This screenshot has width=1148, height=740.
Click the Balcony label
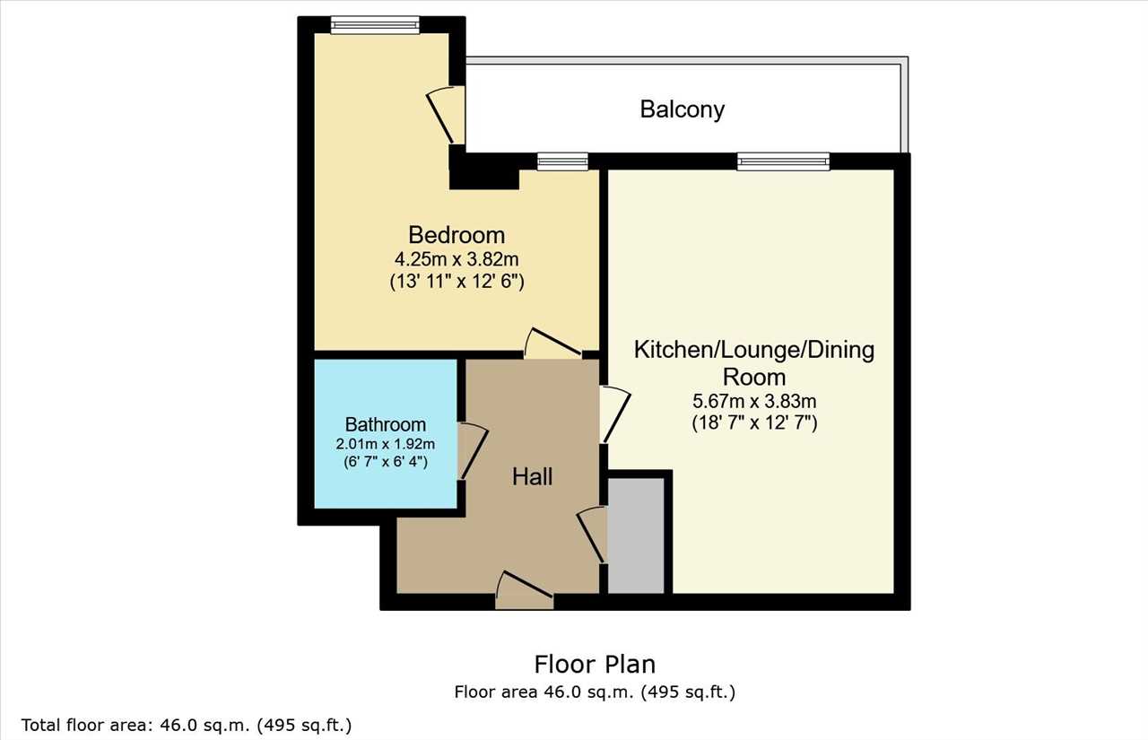[683, 109]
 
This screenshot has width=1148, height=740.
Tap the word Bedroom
[457, 235]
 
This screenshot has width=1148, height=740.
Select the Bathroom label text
[386, 424]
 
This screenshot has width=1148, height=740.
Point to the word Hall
[532, 477]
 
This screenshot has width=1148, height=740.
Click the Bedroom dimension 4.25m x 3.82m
[457, 259]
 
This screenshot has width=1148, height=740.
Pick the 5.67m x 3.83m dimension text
[754, 401]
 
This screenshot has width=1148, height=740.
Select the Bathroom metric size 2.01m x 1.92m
[386, 444]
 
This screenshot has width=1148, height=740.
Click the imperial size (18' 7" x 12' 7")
[754, 423]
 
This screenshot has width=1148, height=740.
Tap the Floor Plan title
[595, 664]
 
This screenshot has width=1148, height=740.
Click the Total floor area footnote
[187, 725]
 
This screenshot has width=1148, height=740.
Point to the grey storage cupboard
[636, 535]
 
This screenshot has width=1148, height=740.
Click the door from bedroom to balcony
[446, 114]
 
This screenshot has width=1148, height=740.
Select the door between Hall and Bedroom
[552, 344]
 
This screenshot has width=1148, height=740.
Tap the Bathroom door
[473, 451]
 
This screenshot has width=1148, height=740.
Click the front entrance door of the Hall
[525, 590]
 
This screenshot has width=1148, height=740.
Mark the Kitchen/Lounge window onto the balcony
[783, 161]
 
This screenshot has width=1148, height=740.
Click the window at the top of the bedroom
[375, 25]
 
